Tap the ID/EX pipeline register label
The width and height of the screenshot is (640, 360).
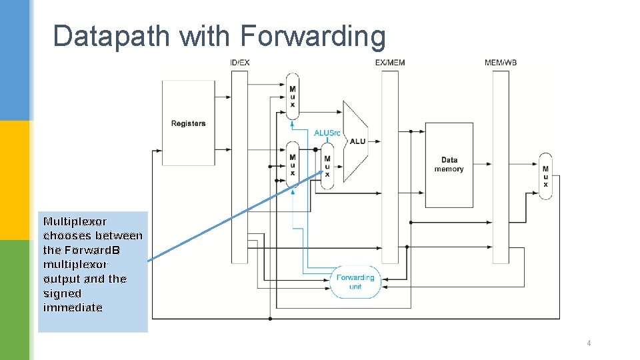(x=239, y=63)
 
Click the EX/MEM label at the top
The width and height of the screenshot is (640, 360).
(x=390, y=63)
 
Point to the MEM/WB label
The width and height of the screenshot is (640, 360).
(x=501, y=63)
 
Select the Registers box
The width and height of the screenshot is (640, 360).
(x=189, y=123)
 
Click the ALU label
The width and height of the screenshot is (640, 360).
(x=357, y=141)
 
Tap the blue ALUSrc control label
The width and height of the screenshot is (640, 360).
(x=327, y=133)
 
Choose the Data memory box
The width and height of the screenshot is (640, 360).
(x=449, y=165)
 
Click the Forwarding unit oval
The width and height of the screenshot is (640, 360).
(x=355, y=281)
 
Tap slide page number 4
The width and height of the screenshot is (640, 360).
(x=589, y=343)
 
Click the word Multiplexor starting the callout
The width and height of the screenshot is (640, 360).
(x=75, y=221)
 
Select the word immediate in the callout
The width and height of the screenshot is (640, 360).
(x=73, y=307)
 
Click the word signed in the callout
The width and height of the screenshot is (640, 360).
(x=62, y=293)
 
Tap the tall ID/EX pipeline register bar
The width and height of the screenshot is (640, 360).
(x=239, y=167)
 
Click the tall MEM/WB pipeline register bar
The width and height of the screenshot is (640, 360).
(x=501, y=167)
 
